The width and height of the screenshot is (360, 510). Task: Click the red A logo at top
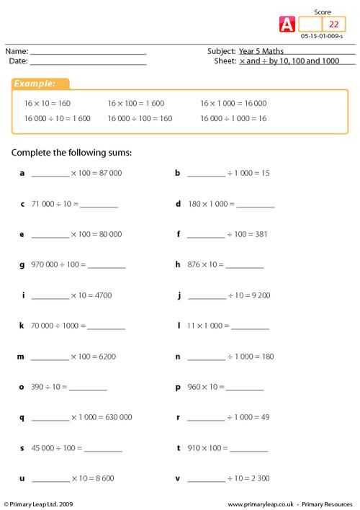pyautogui.click(x=286, y=24)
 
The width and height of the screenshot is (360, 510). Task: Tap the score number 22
pyautogui.click(x=333, y=24)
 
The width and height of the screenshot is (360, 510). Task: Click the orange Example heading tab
pyautogui.click(x=40, y=84)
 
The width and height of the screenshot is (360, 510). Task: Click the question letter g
pyautogui.click(x=22, y=265)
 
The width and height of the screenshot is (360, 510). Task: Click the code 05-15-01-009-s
pyautogui.click(x=322, y=36)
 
